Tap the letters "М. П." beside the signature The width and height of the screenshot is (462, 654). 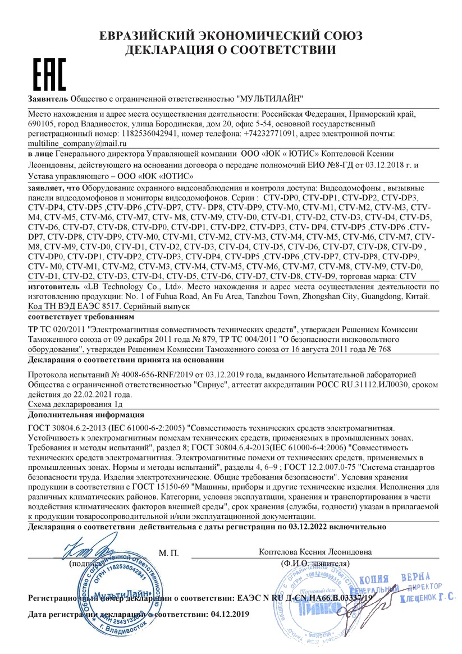pos(168,554)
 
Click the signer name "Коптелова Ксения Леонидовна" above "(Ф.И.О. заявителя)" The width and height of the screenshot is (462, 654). pos(315,552)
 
